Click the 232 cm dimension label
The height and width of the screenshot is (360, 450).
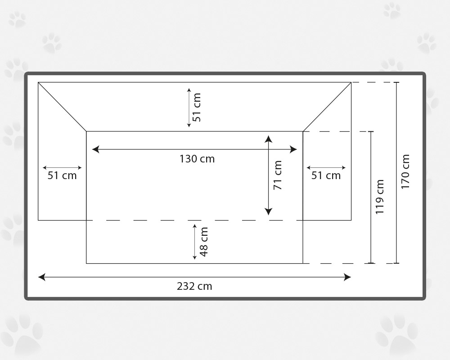point(194,286)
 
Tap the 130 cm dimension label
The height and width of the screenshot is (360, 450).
point(197,159)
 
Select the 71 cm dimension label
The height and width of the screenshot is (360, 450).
point(278,175)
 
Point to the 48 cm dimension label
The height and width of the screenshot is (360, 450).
point(204,242)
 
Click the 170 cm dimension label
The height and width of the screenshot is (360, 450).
point(405,171)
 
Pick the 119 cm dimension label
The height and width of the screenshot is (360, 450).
point(380,197)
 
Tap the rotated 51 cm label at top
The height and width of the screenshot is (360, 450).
point(197,108)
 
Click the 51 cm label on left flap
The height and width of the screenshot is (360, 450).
point(62,175)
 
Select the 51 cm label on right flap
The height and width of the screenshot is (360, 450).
point(326,175)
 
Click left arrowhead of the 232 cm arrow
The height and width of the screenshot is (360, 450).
point(41,277)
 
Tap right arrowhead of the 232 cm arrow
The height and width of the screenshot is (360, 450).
point(347,277)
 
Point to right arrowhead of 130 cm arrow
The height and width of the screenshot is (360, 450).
point(293,149)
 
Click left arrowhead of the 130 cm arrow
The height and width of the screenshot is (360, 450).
point(95,149)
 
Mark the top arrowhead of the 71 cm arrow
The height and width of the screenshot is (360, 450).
point(268,139)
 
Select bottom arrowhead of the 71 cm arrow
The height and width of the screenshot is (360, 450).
point(268,211)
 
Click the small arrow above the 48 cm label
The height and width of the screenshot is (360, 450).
point(194,242)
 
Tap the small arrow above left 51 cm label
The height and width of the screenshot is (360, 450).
point(62,168)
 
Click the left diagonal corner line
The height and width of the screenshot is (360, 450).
point(62,107)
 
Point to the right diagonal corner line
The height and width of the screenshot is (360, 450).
point(327,107)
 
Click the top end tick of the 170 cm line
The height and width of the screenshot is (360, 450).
point(396,82)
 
